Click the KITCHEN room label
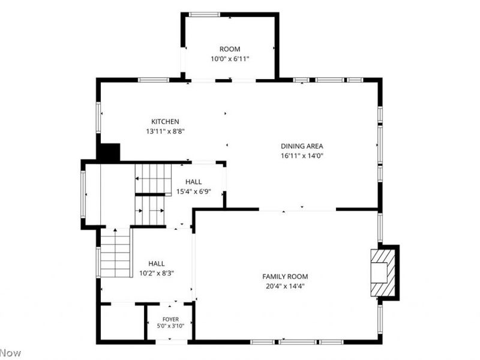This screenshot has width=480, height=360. point(166,122)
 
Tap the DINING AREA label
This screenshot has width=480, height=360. point(302,146)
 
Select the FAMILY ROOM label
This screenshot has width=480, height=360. point(285,277)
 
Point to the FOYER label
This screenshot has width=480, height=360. point(170,319)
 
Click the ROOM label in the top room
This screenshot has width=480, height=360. point(230,49)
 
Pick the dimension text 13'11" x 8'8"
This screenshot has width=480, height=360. point(166,131)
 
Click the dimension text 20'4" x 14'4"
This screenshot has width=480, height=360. point(285,286)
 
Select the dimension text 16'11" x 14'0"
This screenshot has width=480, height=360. point(302,156)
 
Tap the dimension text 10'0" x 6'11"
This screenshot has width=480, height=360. point(230,59)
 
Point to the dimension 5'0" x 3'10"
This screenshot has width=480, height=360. point(170,326)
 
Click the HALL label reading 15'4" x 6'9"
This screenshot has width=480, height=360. point(193,182)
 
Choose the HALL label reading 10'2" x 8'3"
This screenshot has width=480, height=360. point(157,263)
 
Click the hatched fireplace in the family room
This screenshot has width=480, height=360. point(383,273)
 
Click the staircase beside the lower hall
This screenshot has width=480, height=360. point(115,253)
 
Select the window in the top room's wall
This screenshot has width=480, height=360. point(204,14)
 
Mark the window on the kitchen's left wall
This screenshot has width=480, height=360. point(98,118)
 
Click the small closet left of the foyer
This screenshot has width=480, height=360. point(122,322)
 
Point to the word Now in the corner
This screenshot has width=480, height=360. point(10,353)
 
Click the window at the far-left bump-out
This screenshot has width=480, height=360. point(83,194)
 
